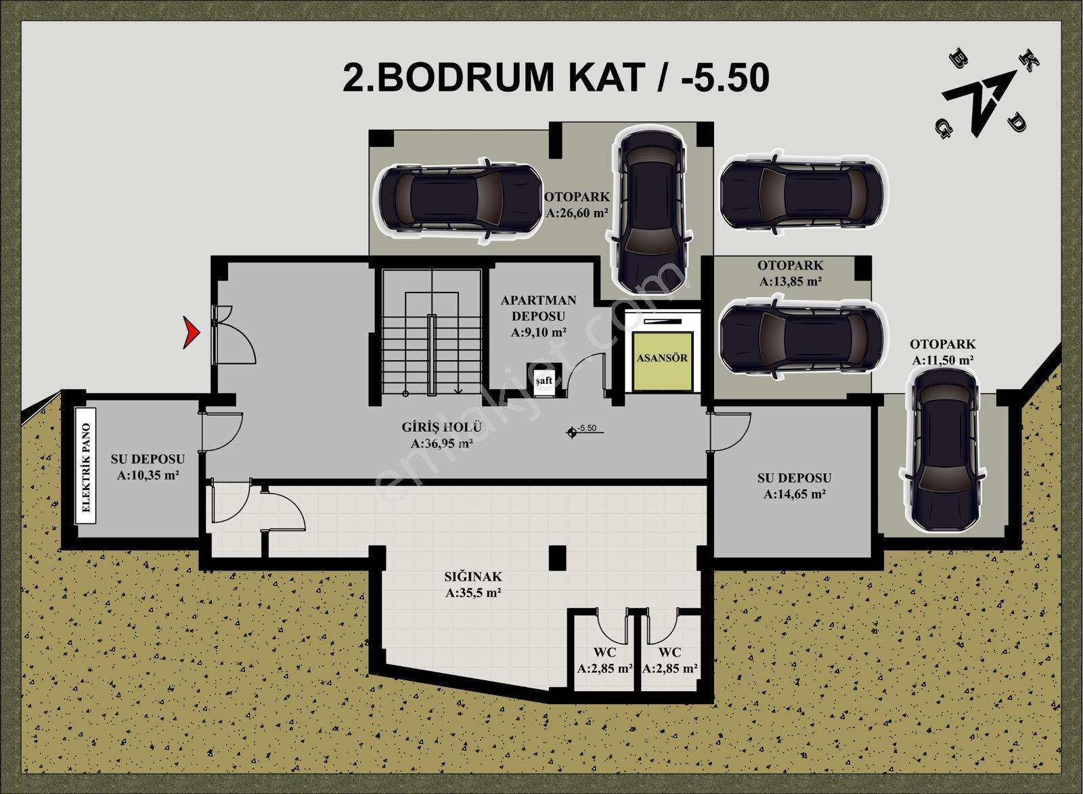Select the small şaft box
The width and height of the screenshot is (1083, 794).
click(x=544, y=380)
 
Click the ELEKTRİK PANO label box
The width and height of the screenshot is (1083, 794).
click(x=85, y=466)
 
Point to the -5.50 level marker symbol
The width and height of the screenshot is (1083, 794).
click(x=573, y=432)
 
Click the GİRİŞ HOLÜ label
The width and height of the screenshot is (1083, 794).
click(x=441, y=427)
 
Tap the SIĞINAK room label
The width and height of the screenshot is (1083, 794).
click(x=473, y=577)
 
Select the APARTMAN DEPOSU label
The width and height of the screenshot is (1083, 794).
click(x=538, y=308)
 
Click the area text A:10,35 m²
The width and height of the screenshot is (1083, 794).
click(x=148, y=475)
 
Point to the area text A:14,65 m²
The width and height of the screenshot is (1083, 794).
click(x=795, y=494)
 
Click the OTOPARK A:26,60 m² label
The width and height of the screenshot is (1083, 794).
click(x=577, y=204)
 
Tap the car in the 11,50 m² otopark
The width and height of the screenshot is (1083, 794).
click(x=941, y=451)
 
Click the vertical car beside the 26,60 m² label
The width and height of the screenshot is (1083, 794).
click(x=650, y=212)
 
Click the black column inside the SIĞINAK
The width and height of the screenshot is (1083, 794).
click(x=558, y=557)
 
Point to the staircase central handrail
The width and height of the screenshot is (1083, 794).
click(x=431, y=355)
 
